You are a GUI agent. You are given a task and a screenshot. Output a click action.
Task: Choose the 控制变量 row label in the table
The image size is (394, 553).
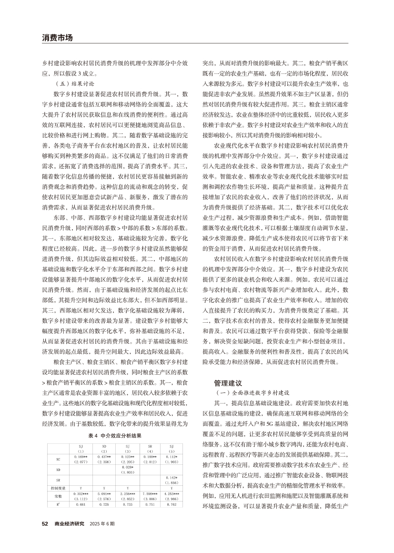click(x=58, y=488)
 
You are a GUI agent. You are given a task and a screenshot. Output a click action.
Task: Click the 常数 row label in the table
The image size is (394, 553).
click(x=58, y=497)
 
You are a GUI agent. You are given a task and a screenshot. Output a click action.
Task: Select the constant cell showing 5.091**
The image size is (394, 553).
click(x=104, y=494)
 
